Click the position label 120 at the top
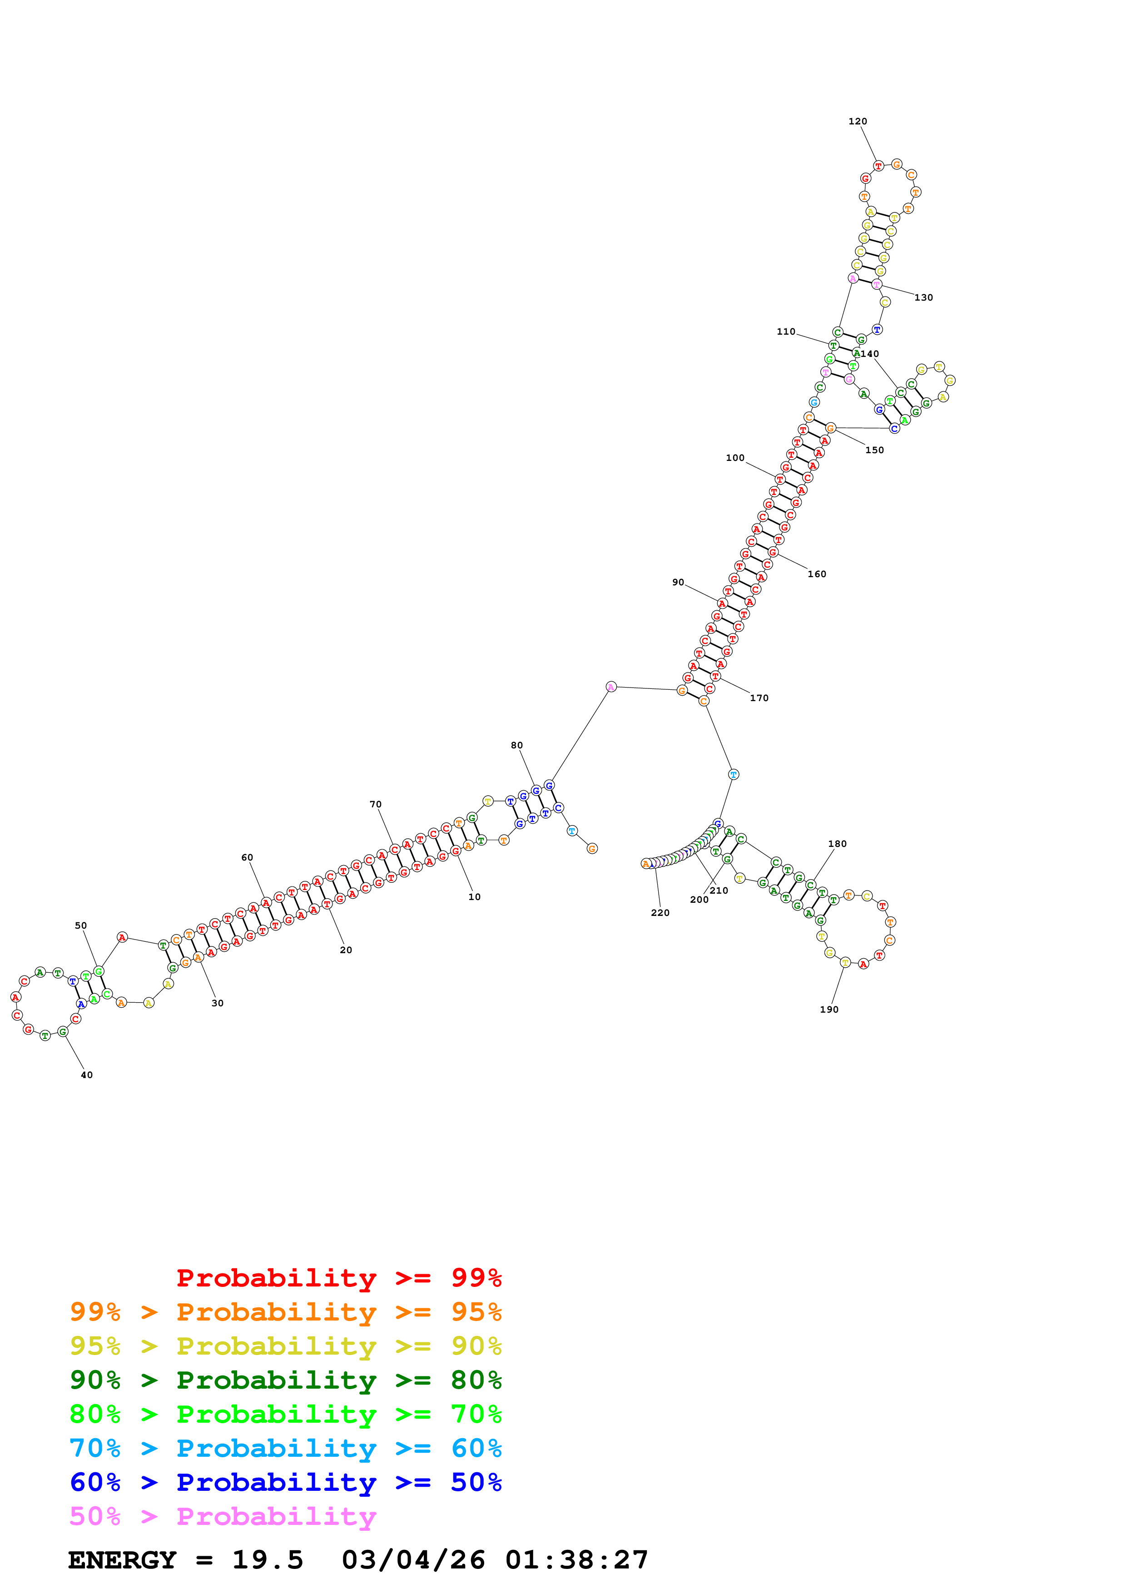[x=858, y=121]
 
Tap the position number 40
[x=87, y=1075]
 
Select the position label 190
[x=829, y=1009]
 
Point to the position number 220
[x=660, y=912]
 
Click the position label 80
[x=517, y=745]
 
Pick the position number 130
[x=923, y=297]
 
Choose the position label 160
[x=817, y=574]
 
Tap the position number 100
[x=735, y=458]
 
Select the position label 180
[x=838, y=844]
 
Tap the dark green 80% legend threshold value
[x=476, y=1380]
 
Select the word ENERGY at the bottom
[x=122, y=1560]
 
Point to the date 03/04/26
[x=413, y=1560]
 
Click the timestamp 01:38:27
[x=576, y=1560]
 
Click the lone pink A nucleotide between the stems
[x=610, y=687]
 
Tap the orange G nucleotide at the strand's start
[x=592, y=849]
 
